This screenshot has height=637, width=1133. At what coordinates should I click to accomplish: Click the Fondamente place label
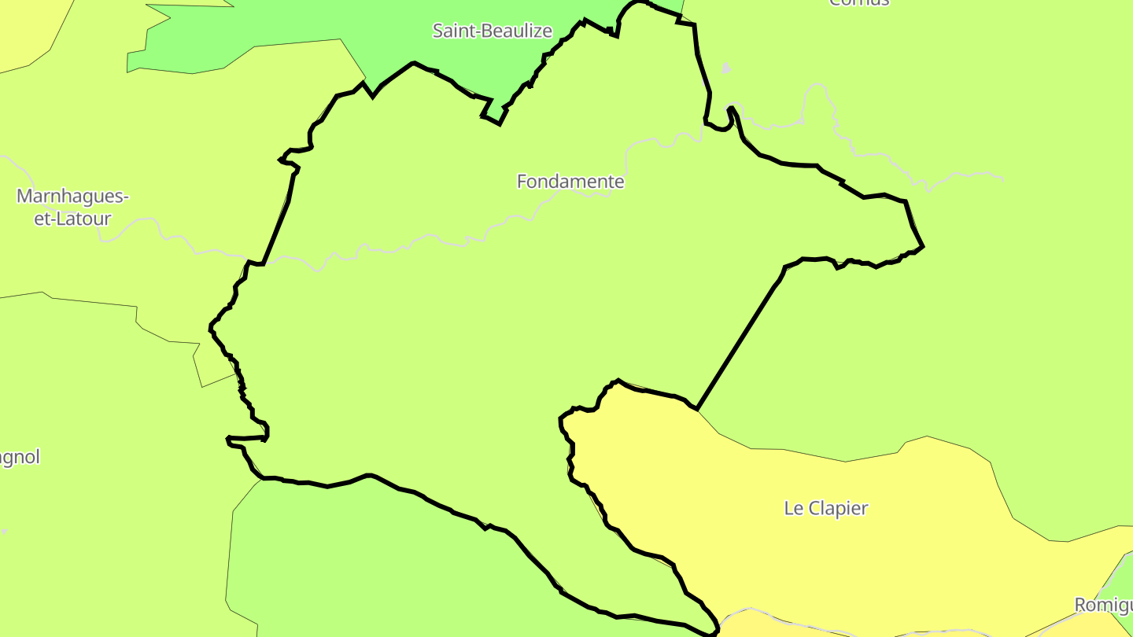pos(570,182)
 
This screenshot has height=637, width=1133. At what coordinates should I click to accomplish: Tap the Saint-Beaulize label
pos(493,31)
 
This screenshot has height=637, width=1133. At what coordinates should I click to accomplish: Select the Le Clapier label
pos(826,508)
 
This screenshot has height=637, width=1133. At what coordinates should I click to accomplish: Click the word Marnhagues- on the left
pos(72,196)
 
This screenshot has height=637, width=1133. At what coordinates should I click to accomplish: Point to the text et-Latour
pos(72,219)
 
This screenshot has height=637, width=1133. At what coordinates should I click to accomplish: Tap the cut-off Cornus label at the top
pos(859,2)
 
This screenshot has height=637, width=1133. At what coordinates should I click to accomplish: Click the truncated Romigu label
pos(1103,605)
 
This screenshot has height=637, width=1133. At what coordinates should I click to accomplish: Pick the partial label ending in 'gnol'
pos(19,457)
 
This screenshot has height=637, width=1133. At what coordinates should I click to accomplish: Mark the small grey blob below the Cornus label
pos(725,68)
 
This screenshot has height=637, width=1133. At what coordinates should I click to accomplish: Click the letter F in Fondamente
pos(522,182)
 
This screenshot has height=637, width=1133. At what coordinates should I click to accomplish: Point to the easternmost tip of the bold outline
pos(923,246)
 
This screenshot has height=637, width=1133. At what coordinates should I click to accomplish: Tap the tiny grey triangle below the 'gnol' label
pos(4,532)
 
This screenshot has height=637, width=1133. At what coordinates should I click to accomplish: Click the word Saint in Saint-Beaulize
pos(453,31)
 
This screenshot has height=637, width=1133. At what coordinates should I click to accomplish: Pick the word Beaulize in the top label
pos(517,31)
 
